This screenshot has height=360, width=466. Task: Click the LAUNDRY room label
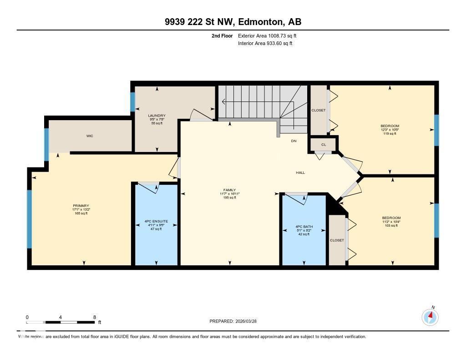[x=157, y=116]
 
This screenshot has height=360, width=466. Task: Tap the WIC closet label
[x=90, y=136]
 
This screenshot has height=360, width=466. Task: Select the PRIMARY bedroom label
[x=81, y=205]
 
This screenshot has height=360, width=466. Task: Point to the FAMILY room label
[x=229, y=190]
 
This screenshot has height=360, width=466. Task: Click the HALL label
[x=300, y=172]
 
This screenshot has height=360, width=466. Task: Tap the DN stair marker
[x=294, y=141]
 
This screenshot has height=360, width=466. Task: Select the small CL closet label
[x=324, y=145]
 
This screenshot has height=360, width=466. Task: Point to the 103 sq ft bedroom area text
[x=391, y=226]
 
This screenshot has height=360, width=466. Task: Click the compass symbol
[x=430, y=316]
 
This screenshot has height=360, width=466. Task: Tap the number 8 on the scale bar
[x=94, y=317]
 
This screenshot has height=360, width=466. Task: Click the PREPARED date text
[x=236, y=321]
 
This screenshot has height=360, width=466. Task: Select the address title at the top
[x=233, y=22]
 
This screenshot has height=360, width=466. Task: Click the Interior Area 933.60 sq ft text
[x=265, y=43]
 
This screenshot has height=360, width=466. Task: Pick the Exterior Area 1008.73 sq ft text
[x=267, y=35]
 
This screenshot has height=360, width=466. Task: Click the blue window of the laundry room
[x=132, y=102]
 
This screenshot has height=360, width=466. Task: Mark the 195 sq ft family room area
[x=229, y=198]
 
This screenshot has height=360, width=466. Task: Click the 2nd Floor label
[x=222, y=35]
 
